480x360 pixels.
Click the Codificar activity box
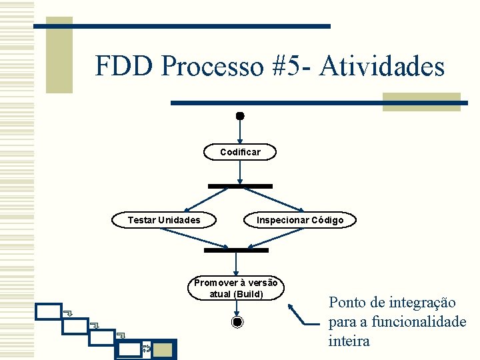pos(240,152)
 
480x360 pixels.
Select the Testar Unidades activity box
pos(164,220)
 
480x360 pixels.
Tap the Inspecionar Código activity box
pos(300,220)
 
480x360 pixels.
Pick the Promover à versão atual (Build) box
pos(237,288)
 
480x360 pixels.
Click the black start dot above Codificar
pos(240,116)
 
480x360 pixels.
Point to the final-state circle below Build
pos(237,323)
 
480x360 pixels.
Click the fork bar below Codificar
pos(240,186)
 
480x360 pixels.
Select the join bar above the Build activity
pos(236,250)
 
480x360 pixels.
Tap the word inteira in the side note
pos(349,341)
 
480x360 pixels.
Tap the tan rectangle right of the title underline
pos(421,101)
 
